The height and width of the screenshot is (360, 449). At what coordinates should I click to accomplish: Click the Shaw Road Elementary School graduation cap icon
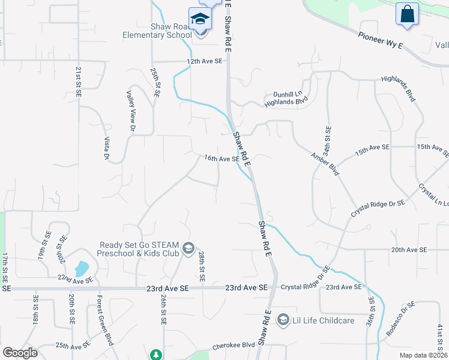pyautogui.click(x=199, y=19)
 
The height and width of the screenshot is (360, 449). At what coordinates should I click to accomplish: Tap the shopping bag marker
pyautogui.click(x=407, y=14)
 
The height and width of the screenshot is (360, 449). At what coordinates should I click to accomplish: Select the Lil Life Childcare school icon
pyautogui.click(x=282, y=320)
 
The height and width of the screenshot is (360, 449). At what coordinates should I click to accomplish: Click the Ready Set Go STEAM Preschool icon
pyautogui.click(x=188, y=248)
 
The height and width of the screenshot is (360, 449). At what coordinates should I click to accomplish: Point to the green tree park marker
pyautogui.click(x=156, y=355)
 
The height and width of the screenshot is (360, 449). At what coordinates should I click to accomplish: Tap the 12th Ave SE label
pyautogui.click(x=205, y=61)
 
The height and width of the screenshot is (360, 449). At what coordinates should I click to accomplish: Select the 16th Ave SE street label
pyautogui.click(x=222, y=159)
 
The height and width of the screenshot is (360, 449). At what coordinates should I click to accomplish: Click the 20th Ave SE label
pyautogui.click(x=408, y=250)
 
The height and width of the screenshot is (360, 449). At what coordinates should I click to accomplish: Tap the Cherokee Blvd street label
pyautogui.click(x=235, y=347)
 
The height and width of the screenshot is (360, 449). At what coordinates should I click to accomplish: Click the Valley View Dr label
pyautogui.click(x=131, y=110)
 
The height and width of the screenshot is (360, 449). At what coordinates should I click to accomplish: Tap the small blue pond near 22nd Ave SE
pyautogui.click(x=81, y=268)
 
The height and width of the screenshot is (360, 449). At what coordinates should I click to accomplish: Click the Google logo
pyautogui.click(x=20, y=353)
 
